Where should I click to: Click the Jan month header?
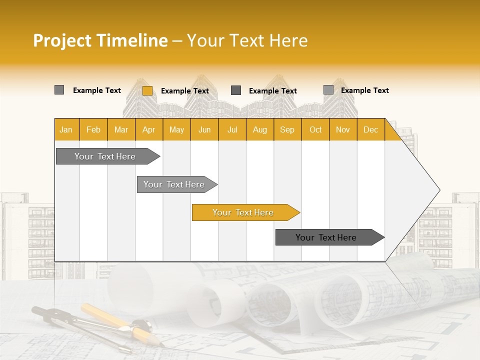[x=66, y=129]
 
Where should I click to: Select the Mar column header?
[x=121, y=129]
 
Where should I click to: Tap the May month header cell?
[x=176, y=129]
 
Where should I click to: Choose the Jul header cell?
[x=232, y=129]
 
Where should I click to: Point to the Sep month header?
[x=287, y=129]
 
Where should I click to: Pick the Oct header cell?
[x=315, y=129]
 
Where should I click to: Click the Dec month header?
[x=370, y=129]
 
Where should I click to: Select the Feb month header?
[x=93, y=129]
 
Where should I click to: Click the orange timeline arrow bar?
[x=243, y=212]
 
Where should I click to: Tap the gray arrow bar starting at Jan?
[x=105, y=156]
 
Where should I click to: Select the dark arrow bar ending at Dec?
[x=326, y=237]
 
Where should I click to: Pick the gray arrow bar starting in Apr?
[x=174, y=184]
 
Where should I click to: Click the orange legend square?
[x=147, y=90]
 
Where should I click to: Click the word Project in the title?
[x=62, y=40]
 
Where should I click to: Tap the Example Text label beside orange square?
[x=185, y=91]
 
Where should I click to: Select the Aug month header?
[x=259, y=129]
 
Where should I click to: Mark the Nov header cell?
[x=342, y=129]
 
